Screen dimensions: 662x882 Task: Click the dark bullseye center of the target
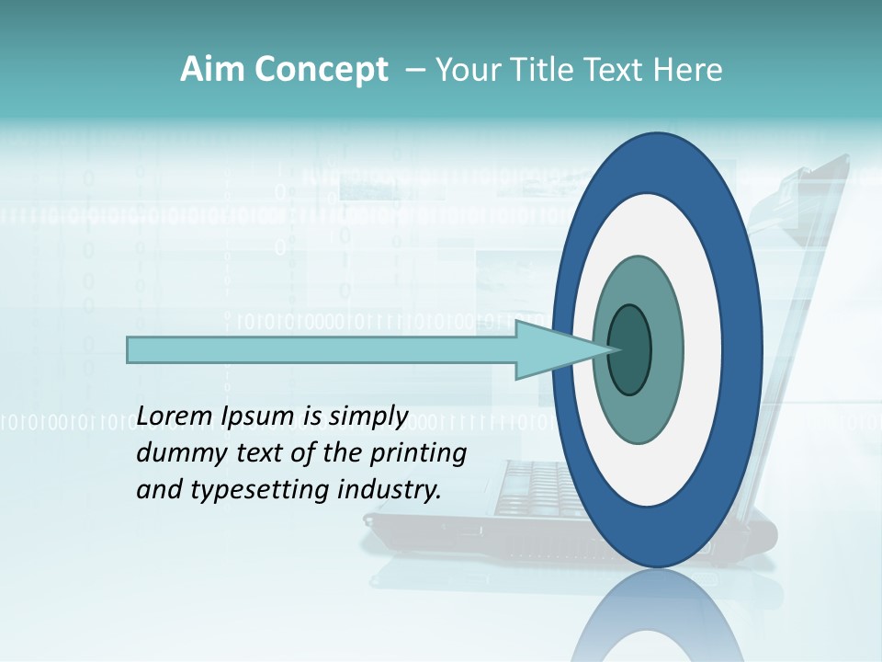[630, 350]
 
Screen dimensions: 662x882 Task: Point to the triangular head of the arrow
[551, 349]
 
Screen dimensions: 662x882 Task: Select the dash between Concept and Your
[414, 70]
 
